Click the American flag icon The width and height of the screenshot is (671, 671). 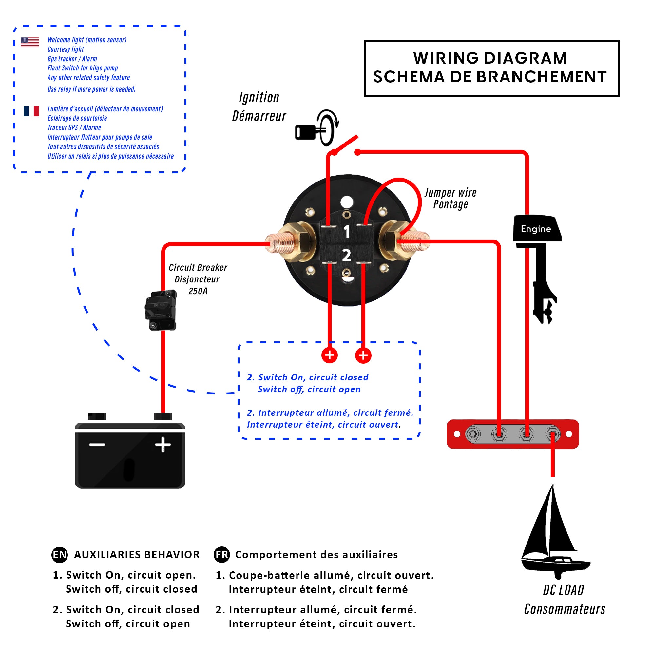[x=29, y=42]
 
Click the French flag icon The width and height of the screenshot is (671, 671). [x=31, y=111]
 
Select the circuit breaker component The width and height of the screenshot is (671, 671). [x=161, y=310]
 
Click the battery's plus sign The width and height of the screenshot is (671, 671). [x=163, y=445]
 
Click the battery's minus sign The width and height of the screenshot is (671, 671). [x=97, y=445]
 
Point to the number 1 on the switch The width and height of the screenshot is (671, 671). [x=347, y=232]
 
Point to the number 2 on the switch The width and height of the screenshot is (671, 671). [x=347, y=256]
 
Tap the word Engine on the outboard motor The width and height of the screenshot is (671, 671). [x=536, y=229]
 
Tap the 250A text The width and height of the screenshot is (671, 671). [x=198, y=291]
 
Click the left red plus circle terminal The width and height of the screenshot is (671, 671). [x=330, y=355]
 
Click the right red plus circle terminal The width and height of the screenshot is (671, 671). [x=363, y=355]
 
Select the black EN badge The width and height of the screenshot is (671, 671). [x=59, y=555]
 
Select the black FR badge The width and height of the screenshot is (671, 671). [x=221, y=555]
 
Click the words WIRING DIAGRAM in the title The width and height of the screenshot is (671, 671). [x=490, y=58]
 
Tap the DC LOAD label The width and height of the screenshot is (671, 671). [x=563, y=590]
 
